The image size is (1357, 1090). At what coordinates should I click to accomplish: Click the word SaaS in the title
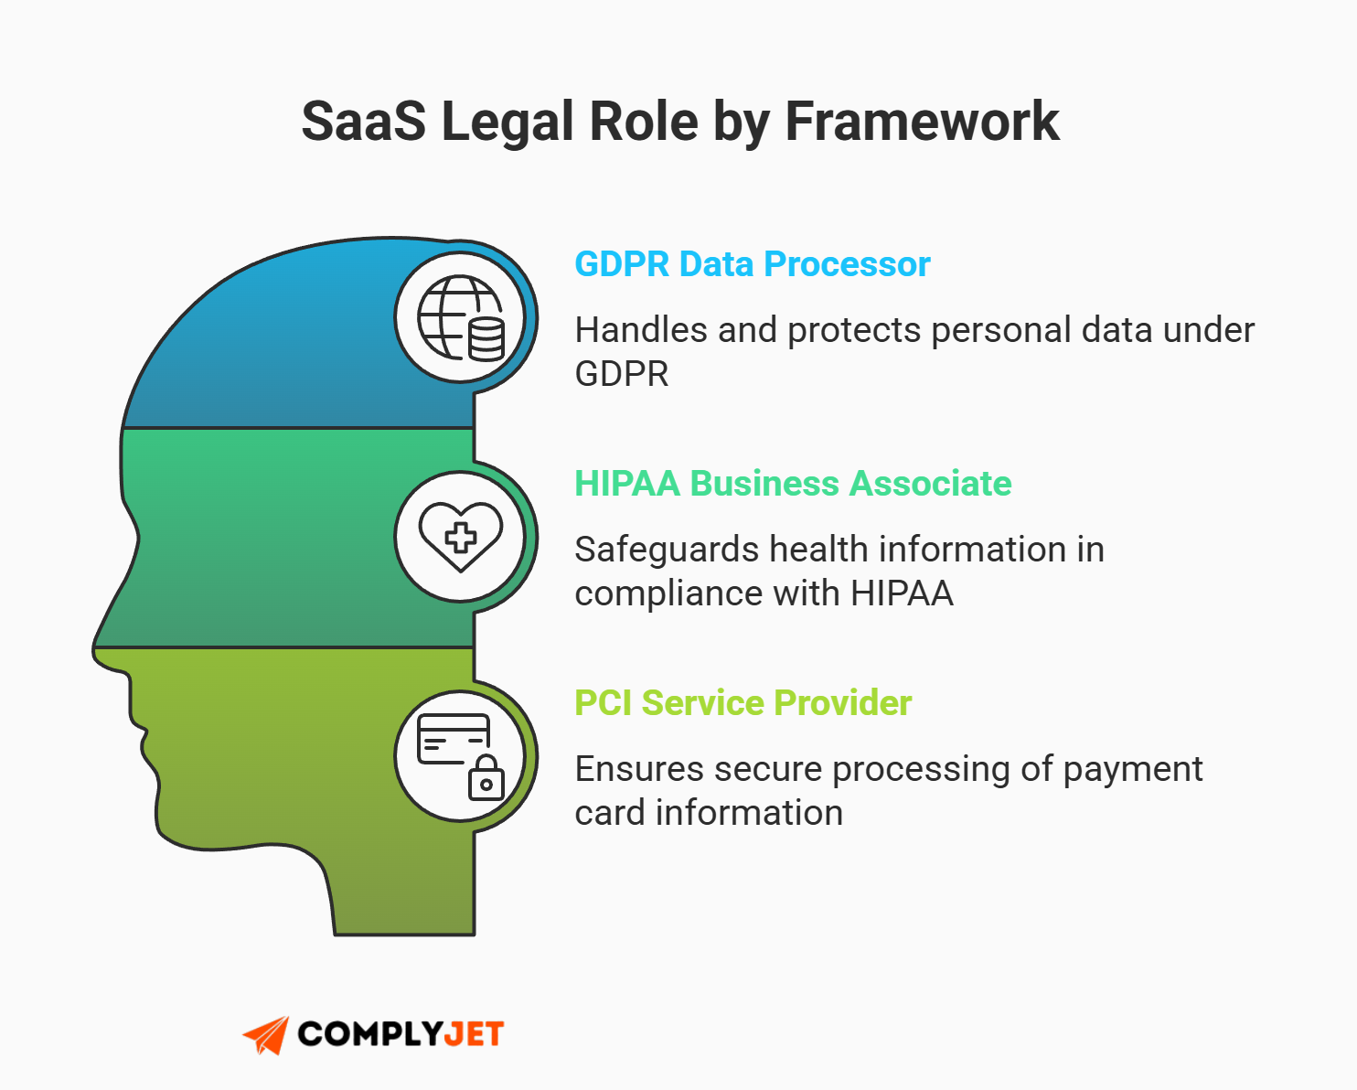(363, 122)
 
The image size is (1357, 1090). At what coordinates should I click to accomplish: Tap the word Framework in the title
(922, 122)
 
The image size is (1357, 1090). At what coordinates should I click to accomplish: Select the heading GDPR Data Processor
(752, 264)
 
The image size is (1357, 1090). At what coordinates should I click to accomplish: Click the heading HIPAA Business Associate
(792, 484)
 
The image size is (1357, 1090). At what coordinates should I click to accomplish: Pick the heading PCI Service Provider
(743, 703)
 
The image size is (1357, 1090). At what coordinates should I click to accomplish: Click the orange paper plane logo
(266, 1035)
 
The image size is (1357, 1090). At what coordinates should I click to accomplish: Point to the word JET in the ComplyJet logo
(474, 1034)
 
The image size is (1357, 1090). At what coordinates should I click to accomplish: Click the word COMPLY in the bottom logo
(369, 1034)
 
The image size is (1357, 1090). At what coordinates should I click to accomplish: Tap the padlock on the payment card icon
(486, 779)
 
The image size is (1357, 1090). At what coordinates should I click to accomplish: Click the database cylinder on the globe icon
(486, 339)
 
